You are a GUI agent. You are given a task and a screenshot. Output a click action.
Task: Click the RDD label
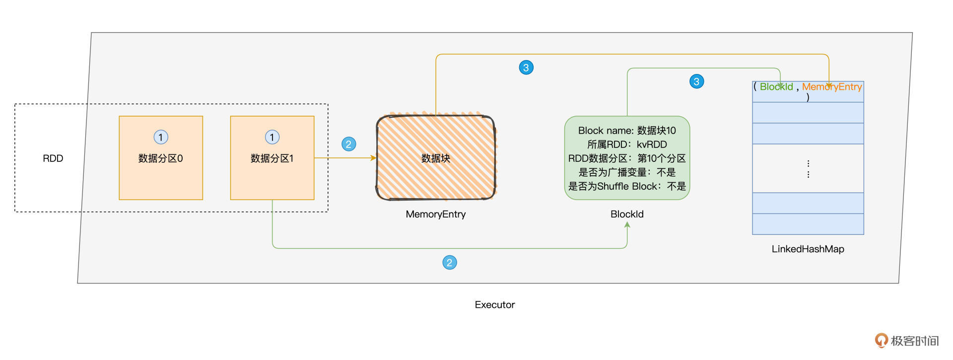point(53,158)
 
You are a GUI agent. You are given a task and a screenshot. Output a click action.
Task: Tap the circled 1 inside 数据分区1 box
point(272,137)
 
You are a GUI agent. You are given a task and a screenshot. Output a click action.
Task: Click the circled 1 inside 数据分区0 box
point(161,137)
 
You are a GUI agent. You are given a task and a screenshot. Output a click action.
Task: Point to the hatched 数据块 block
point(436,158)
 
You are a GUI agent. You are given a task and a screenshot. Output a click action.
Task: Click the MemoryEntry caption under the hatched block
point(435,214)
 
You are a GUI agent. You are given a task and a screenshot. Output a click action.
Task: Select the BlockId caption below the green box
point(627,214)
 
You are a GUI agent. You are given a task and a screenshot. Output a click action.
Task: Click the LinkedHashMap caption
point(808,249)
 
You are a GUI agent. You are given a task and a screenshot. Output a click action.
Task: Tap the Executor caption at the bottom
point(494,304)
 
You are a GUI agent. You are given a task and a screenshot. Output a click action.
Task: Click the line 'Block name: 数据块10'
point(627,131)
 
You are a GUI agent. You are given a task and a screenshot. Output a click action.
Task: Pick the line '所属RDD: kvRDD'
point(627,144)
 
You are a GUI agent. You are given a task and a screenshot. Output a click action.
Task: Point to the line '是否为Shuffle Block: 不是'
point(627,186)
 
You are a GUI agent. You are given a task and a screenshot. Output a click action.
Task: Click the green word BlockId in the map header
point(776,87)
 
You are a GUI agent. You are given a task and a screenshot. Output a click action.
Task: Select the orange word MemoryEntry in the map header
point(832,87)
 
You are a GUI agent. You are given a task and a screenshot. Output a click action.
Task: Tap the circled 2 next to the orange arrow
point(349,144)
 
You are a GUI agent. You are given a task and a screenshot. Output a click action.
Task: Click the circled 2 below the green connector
point(450,262)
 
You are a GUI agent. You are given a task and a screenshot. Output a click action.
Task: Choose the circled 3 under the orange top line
point(526,68)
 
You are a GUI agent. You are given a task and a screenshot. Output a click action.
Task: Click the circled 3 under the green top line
point(696,81)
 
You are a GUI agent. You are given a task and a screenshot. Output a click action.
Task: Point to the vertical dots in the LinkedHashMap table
point(808,169)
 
